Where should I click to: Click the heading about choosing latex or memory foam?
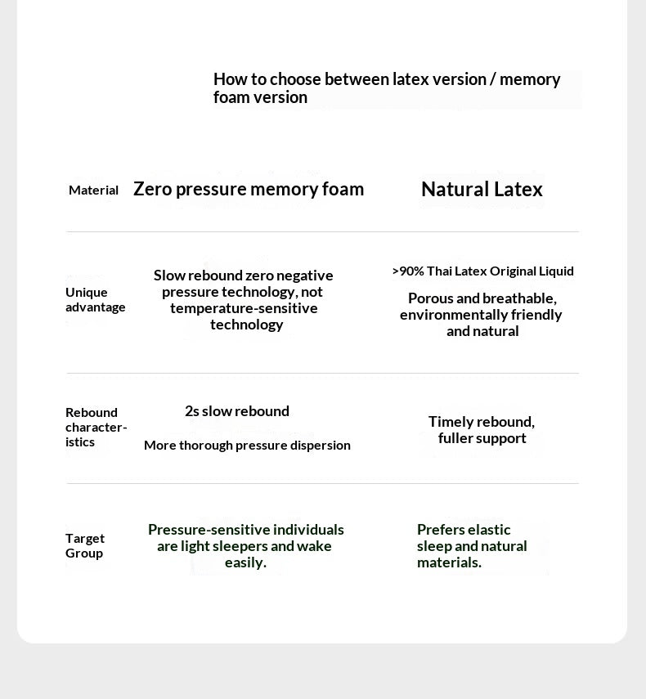387,88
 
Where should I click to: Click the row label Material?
93,190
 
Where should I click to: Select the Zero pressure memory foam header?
249,189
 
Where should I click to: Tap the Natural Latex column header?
482,190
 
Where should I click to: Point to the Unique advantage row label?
95,299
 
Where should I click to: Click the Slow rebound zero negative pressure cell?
244,299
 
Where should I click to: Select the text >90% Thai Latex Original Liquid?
482,271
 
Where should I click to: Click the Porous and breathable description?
482,315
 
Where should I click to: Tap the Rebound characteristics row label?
96,427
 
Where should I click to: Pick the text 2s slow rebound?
237,411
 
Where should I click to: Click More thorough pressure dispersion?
247,445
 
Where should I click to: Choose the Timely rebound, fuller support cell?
482,430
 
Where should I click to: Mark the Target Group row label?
85,545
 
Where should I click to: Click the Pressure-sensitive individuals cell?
245,546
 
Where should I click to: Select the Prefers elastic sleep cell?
472,546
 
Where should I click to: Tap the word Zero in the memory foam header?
151,189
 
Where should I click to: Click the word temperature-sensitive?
244,308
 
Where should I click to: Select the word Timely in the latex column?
451,422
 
